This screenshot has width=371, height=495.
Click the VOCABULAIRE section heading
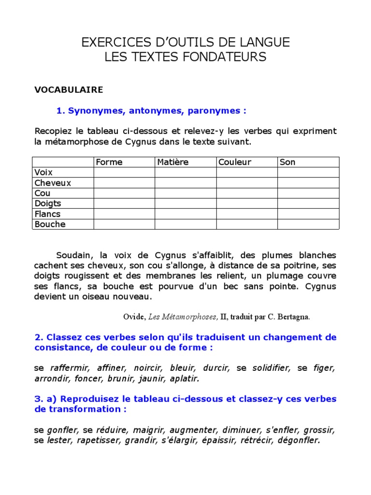[x=69, y=89]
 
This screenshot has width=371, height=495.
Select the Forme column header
[x=109, y=162]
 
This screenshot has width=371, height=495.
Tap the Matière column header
[x=172, y=162]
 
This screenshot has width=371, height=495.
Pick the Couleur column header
[x=235, y=162]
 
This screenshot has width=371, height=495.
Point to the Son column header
[x=287, y=162]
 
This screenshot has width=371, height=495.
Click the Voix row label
[x=43, y=173]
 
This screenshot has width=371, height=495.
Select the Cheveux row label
[x=53, y=183]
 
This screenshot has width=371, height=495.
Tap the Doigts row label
[x=48, y=204]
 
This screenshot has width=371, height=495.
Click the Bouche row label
[x=50, y=224]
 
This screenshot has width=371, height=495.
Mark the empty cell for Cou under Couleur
[x=246, y=193]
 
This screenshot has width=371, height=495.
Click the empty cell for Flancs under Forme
[x=124, y=214]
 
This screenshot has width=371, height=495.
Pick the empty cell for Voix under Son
[x=308, y=173]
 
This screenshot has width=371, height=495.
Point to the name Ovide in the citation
[x=134, y=317]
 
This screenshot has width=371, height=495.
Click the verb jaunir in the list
[x=150, y=379]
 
